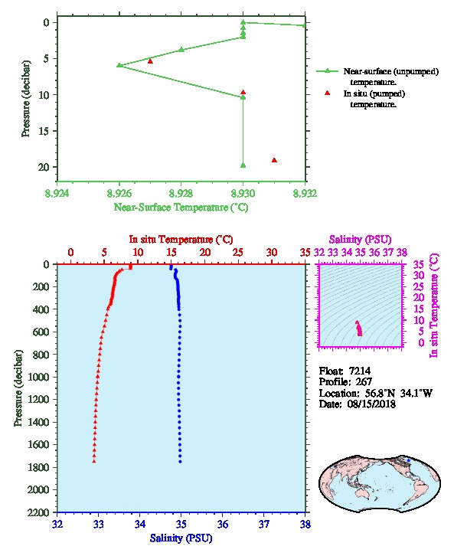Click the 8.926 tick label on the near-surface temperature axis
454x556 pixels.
(119, 193)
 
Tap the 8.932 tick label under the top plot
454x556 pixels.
(305, 193)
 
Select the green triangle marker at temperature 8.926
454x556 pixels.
(119, 65)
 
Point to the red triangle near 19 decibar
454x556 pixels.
(274, 160)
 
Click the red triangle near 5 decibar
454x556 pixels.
(150, 61)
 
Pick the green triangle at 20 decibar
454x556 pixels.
(243, 165)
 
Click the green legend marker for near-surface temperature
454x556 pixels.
(327, 71)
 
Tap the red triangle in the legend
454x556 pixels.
(327, 93)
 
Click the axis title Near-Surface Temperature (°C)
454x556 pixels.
(181, 208)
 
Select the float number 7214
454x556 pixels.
(360, 371)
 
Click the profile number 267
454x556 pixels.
(364, 382)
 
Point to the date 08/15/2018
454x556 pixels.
(371, 404)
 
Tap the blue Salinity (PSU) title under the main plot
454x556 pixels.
(181, 538)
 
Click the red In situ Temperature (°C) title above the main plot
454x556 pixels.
(181, 240)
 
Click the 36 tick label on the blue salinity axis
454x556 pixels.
(223, 524)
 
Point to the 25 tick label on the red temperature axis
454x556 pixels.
(238, 253)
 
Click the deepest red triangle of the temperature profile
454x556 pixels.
(94, 461)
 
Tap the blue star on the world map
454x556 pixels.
(408, 460)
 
